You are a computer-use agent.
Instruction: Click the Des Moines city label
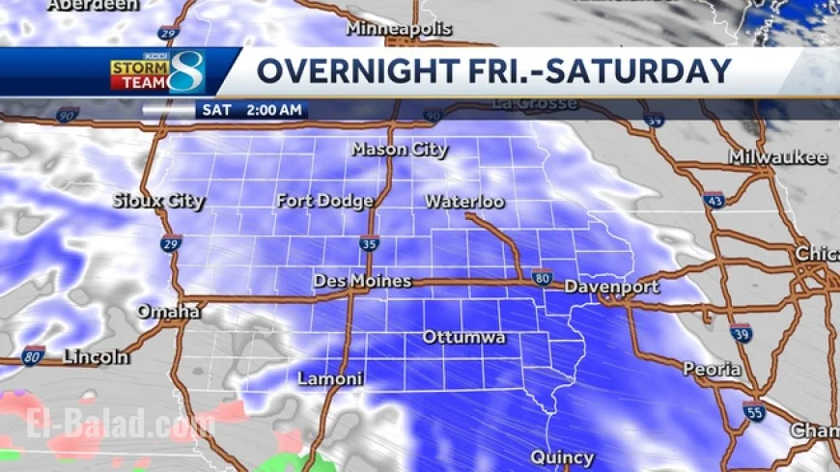(362, 281)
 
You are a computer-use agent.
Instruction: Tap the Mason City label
(400, 150)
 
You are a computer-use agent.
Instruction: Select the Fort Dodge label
(324, 201)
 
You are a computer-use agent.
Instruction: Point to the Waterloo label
(464, 202)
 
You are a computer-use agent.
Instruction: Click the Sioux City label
(158, 201)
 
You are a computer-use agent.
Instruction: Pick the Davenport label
(611, 287)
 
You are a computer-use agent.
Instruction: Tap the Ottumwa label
(463, 338)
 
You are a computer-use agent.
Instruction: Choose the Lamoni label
(330, 378)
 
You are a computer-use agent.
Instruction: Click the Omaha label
(168, 312)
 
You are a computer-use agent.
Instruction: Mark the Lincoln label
(96, 357)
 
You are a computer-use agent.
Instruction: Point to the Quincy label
(562, 457)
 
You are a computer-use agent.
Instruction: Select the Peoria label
(712, 369)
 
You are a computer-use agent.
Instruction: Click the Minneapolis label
(399, 29)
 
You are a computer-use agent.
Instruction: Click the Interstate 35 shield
(368, 244)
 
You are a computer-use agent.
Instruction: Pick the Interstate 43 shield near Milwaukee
(714, 200)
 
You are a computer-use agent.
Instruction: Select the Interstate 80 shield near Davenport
(542, 277)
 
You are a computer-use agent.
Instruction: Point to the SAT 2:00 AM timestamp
(252, 110)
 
